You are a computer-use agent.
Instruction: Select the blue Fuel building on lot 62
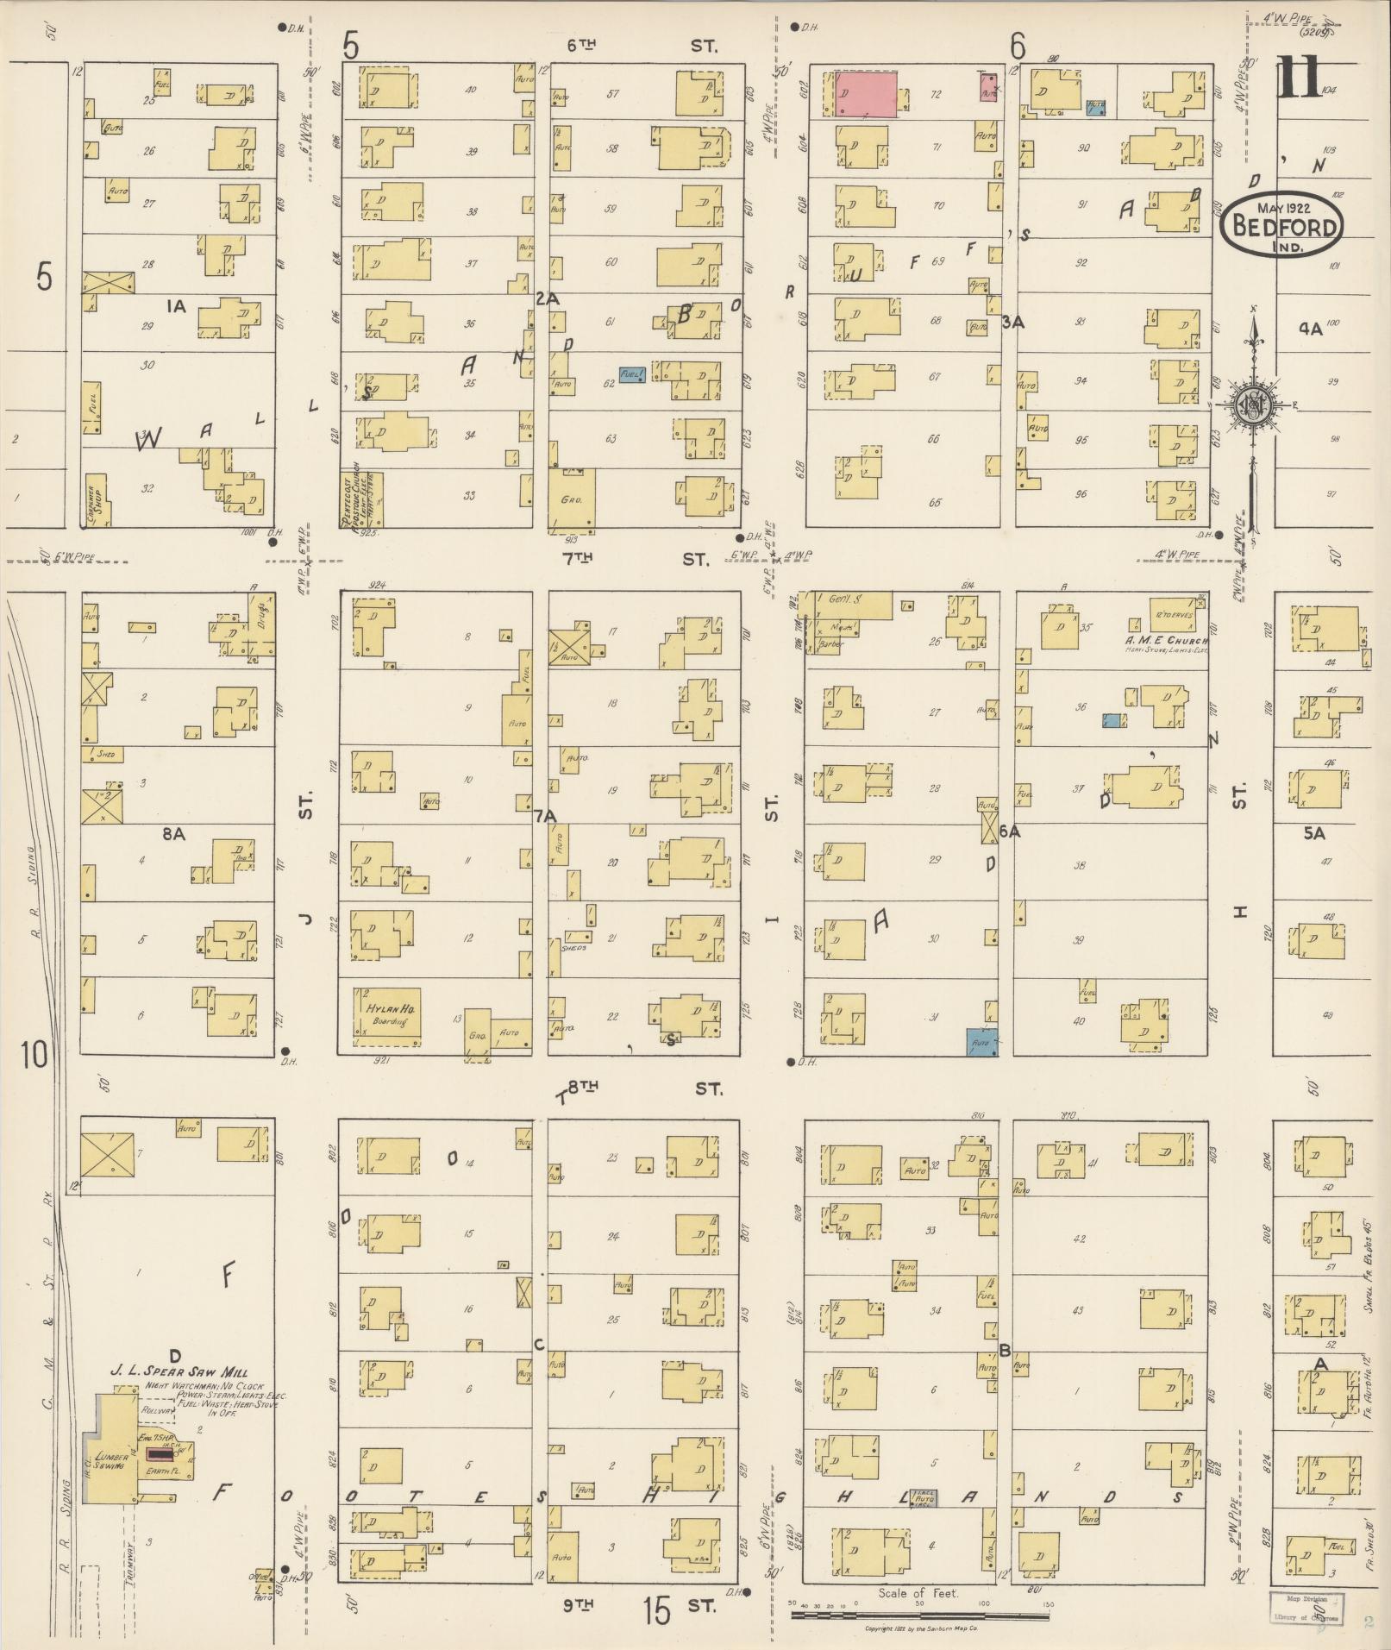[632, 375]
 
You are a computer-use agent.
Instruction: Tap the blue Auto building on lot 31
[981, 1042]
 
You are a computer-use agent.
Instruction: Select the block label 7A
[544, 815]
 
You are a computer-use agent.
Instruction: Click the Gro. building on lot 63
[570, 500]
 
